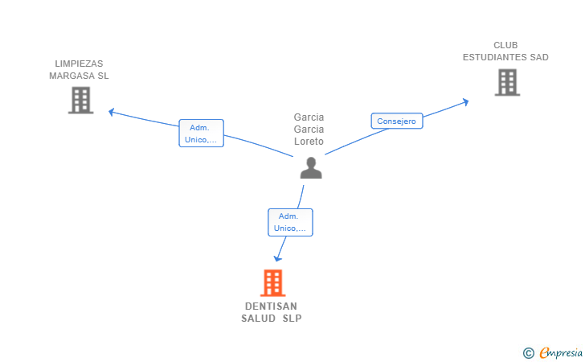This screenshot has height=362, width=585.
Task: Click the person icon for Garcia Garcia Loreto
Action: (x=311, y=168)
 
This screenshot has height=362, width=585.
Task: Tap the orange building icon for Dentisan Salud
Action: (x=272, y=283)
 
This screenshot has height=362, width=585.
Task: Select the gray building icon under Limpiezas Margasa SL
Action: (x=80, y=100)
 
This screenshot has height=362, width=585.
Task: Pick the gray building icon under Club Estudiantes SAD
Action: (x=507, y=82)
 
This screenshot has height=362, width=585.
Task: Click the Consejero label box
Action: (x=397, y=121)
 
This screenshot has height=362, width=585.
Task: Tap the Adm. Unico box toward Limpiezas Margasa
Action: (x=201, y=134)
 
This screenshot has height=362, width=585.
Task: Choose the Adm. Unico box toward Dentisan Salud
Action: (x=290, y=222)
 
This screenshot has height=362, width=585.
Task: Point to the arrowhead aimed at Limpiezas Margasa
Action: (x=111, y=112)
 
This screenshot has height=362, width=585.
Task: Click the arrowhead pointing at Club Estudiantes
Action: (x=465, y=102)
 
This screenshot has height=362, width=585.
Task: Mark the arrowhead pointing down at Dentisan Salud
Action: (x=277, y=258)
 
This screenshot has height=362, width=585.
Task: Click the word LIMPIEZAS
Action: (x=79, y=64)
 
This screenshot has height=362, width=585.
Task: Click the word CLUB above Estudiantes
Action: (x=505, y=45)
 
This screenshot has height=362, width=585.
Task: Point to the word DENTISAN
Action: (x=271, y=306)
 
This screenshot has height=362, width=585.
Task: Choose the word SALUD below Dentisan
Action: (x=258, y=319)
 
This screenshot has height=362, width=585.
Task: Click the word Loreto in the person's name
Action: (x=309, y=142)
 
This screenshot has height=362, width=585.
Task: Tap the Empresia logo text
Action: (x=561, y=352)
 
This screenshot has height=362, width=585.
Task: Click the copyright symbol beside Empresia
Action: (x=528, y=352)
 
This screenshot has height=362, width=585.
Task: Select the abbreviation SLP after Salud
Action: (x=292, y=319)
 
